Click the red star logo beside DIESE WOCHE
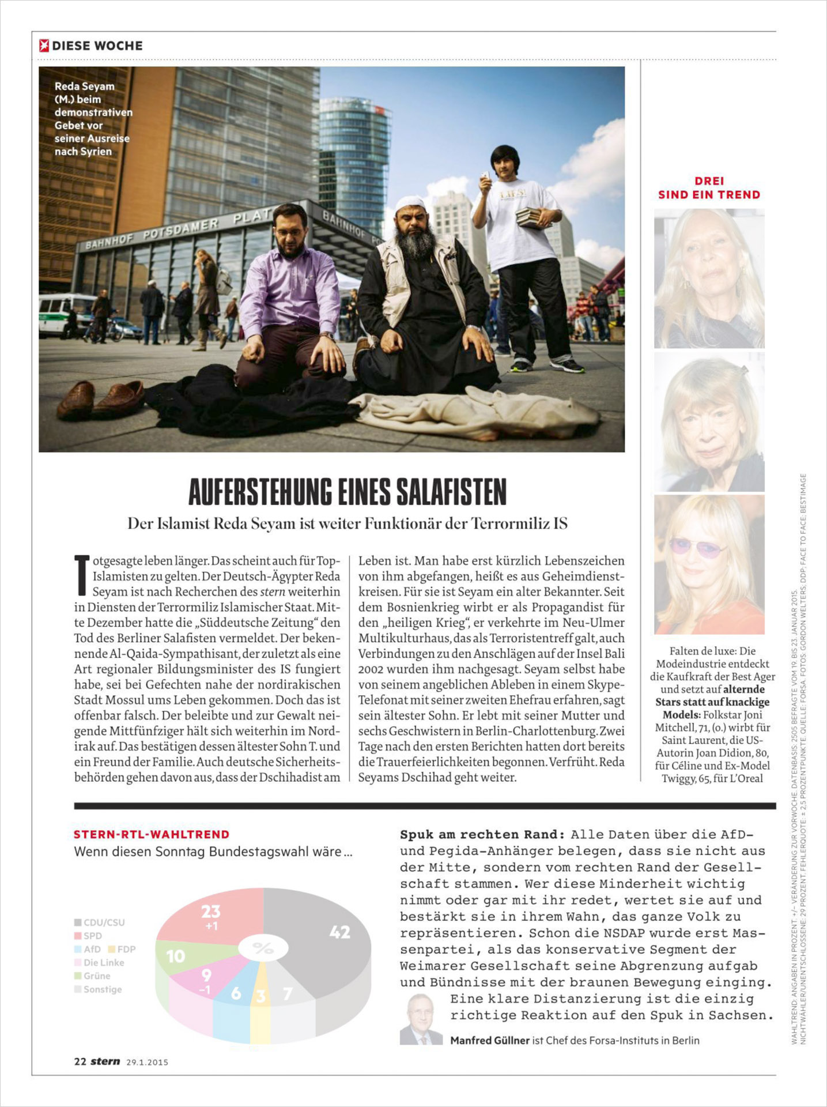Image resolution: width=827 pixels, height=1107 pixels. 44,46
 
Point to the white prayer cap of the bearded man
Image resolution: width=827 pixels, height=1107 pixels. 410,204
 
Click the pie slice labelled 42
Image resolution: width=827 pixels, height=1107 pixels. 323,934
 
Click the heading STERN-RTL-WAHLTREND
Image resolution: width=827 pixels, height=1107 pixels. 152,834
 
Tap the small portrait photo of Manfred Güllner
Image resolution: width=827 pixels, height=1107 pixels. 421,1019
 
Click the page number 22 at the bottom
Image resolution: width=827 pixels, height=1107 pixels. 80,1061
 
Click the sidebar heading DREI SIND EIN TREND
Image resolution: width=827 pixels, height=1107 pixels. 709,188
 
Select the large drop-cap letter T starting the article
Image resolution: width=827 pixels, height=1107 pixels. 82,574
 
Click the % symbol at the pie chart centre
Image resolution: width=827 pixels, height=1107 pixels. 263,948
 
